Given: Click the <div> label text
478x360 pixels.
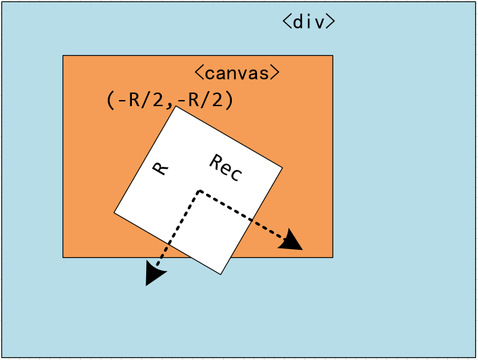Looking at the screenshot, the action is pyautogui.click(x=309, y=21).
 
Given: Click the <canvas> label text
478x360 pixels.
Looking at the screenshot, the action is pyautogui.click(x=237, y=72).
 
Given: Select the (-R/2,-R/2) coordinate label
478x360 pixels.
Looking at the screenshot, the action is pyautogui.click(x=170, y=100).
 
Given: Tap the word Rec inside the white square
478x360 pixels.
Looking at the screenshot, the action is pyautogui.click(x=225, y=167).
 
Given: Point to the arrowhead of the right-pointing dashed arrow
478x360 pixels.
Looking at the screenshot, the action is pyautogui.click(x=293, y=241).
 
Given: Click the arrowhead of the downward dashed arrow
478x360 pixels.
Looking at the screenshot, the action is pyautogui.click(x=154, y=274).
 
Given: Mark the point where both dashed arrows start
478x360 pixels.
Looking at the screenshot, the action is pyautogui.click(x=199, y=191).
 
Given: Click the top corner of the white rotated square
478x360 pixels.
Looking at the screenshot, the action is pyautogui.click(x=177, y=106).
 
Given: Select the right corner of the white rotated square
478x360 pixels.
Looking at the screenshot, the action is pyautogui.click(x=282, y=167).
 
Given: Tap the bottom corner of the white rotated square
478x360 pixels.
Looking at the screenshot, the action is pyautogui.click(x=220, y=274).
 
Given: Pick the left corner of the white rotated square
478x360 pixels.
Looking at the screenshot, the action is pyautogui.click(x=114, y=213).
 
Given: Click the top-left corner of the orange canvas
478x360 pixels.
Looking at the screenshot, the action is pyautogui.click(x=63, y=56).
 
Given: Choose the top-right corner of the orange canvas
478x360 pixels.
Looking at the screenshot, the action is pyautogui.click(x=332, y=56).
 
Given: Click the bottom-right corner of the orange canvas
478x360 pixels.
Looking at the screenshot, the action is pyautogui.click(x=332, y=257).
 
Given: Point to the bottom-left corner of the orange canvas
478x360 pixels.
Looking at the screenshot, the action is pyautogui.click(x=63, y=257).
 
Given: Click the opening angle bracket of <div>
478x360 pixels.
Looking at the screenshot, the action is pyautogui.click(x=287, y=21).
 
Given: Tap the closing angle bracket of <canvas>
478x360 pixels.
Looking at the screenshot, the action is pyautogui.click(x=274, y=72).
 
